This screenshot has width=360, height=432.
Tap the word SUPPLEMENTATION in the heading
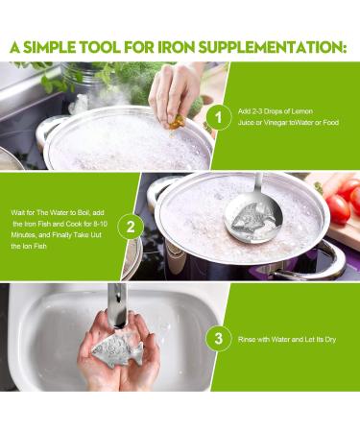click(280, 45)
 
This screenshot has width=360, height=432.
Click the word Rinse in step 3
click(249, 338)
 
